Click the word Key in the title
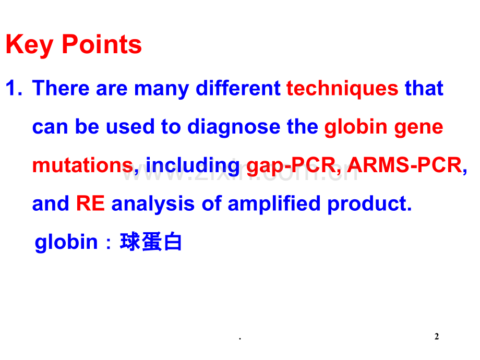(x=30, y=45)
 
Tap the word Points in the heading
(x=102, y=44)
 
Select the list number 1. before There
(x=14, y=88)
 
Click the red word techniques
(x=342, y=89)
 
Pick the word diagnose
(x=234, y=127)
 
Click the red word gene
(x=418, y=128)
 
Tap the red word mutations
(x=82, y=165)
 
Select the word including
(x=193, y=166)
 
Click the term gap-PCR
(x=293, y=166)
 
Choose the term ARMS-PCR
(x=405, y=165)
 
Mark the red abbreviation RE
(x=90, y=203)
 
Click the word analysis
(x=153, y=204)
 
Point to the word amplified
(x=274, y=204)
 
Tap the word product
(x=369, y=204)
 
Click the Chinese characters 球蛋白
(x=151, y=242)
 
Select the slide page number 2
(x=437, y=337)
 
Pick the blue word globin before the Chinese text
(x=66, y=243)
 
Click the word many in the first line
(x=161, y=89)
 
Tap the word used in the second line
(x=130, y=127)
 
